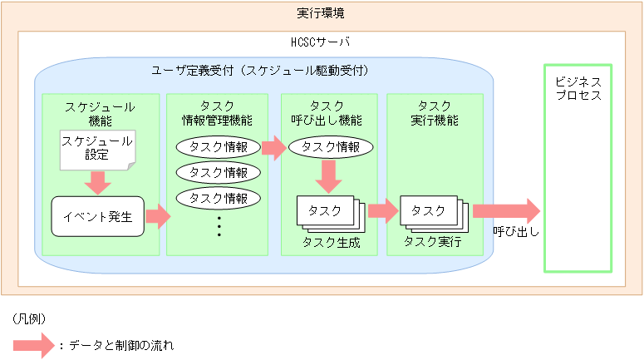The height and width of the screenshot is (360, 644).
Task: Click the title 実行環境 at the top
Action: click(x=322, y=13)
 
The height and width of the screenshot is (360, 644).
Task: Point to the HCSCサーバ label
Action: click(x=322, y=42)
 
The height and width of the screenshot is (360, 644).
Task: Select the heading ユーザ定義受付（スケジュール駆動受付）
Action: click(x=261, y=71)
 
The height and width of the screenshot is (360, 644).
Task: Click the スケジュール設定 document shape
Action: click(x=97, y=148)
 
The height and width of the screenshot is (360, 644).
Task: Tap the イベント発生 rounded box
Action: click(x=97, y=217)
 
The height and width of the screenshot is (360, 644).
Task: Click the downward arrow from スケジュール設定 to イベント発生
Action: click(x=97, y=182)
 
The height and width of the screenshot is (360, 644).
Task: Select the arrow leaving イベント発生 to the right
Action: click(x=158, y=218)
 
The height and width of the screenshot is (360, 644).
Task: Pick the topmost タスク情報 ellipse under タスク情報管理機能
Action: click(x=219, y=147)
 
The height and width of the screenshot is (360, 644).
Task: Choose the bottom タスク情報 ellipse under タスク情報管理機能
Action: click(x=219, y=199)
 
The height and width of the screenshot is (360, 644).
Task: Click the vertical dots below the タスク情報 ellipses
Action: click(x=219, y=226)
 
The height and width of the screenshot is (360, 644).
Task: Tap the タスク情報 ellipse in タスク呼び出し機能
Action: click(x=330, y=147)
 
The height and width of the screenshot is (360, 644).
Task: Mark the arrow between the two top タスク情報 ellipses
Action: click(x=273, y=148)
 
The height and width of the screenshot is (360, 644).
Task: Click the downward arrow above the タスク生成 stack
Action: click(x=330, y=175)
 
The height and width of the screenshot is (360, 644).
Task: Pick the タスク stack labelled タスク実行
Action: click(x=433, y=214)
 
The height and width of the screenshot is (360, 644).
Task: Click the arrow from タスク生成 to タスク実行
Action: click(x=383, y=210)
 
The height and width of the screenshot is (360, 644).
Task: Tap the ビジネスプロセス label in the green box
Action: click(x=578, y=89)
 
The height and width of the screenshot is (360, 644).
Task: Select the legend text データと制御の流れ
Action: click(x=120, y=343)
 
